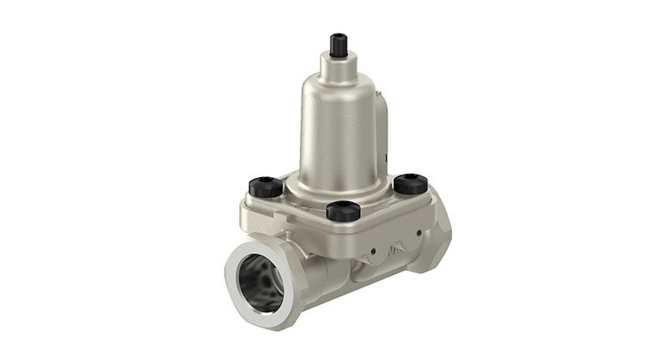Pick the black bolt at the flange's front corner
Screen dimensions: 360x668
[x=342, y=210]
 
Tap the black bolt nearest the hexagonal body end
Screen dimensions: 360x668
[x=411, y=183]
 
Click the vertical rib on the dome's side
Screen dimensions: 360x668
[x=383, y=125]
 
